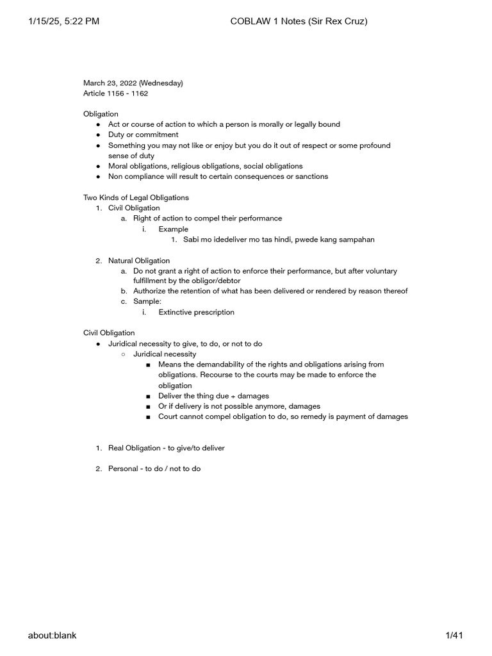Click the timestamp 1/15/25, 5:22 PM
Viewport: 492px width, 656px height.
pyautogui.click(x=63, y=22)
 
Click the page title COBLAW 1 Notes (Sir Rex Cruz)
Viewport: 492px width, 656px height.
pyautogui.click(x=299, y=22)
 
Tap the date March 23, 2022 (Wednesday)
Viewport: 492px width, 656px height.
pyautogui.click(x=133, y=83)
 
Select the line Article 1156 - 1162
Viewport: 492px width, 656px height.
pyautogui.click(x=115, y=94)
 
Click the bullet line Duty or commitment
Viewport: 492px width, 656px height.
pyautogui.click(x=143, y=135)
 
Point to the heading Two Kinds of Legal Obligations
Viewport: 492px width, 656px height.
pyautogui.click(x=136, y=197)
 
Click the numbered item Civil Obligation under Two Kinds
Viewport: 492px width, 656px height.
pyautogui.click(x=134, y=208)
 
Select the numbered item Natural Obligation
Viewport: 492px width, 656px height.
pyautogui.click(x=138, y=261)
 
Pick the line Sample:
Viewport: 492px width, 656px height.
pyautogui.click(x=147, y=302)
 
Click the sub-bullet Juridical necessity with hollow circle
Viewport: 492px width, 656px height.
pyautogui.click(x=165, y=354)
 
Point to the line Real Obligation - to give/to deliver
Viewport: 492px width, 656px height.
pyautogui.click(x=166, y=448)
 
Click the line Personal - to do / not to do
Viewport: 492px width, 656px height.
pyautogui.click(x=154, y=469)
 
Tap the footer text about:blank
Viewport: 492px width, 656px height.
pyautogui.click(x=52, y=635)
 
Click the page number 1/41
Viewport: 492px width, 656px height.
pyautogui.click(x=454, y=635)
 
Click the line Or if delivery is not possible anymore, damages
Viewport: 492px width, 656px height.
pyautogui.click(x=239, y=406)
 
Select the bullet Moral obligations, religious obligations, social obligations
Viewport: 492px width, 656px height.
pyautogui.click(x=205, y=166)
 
